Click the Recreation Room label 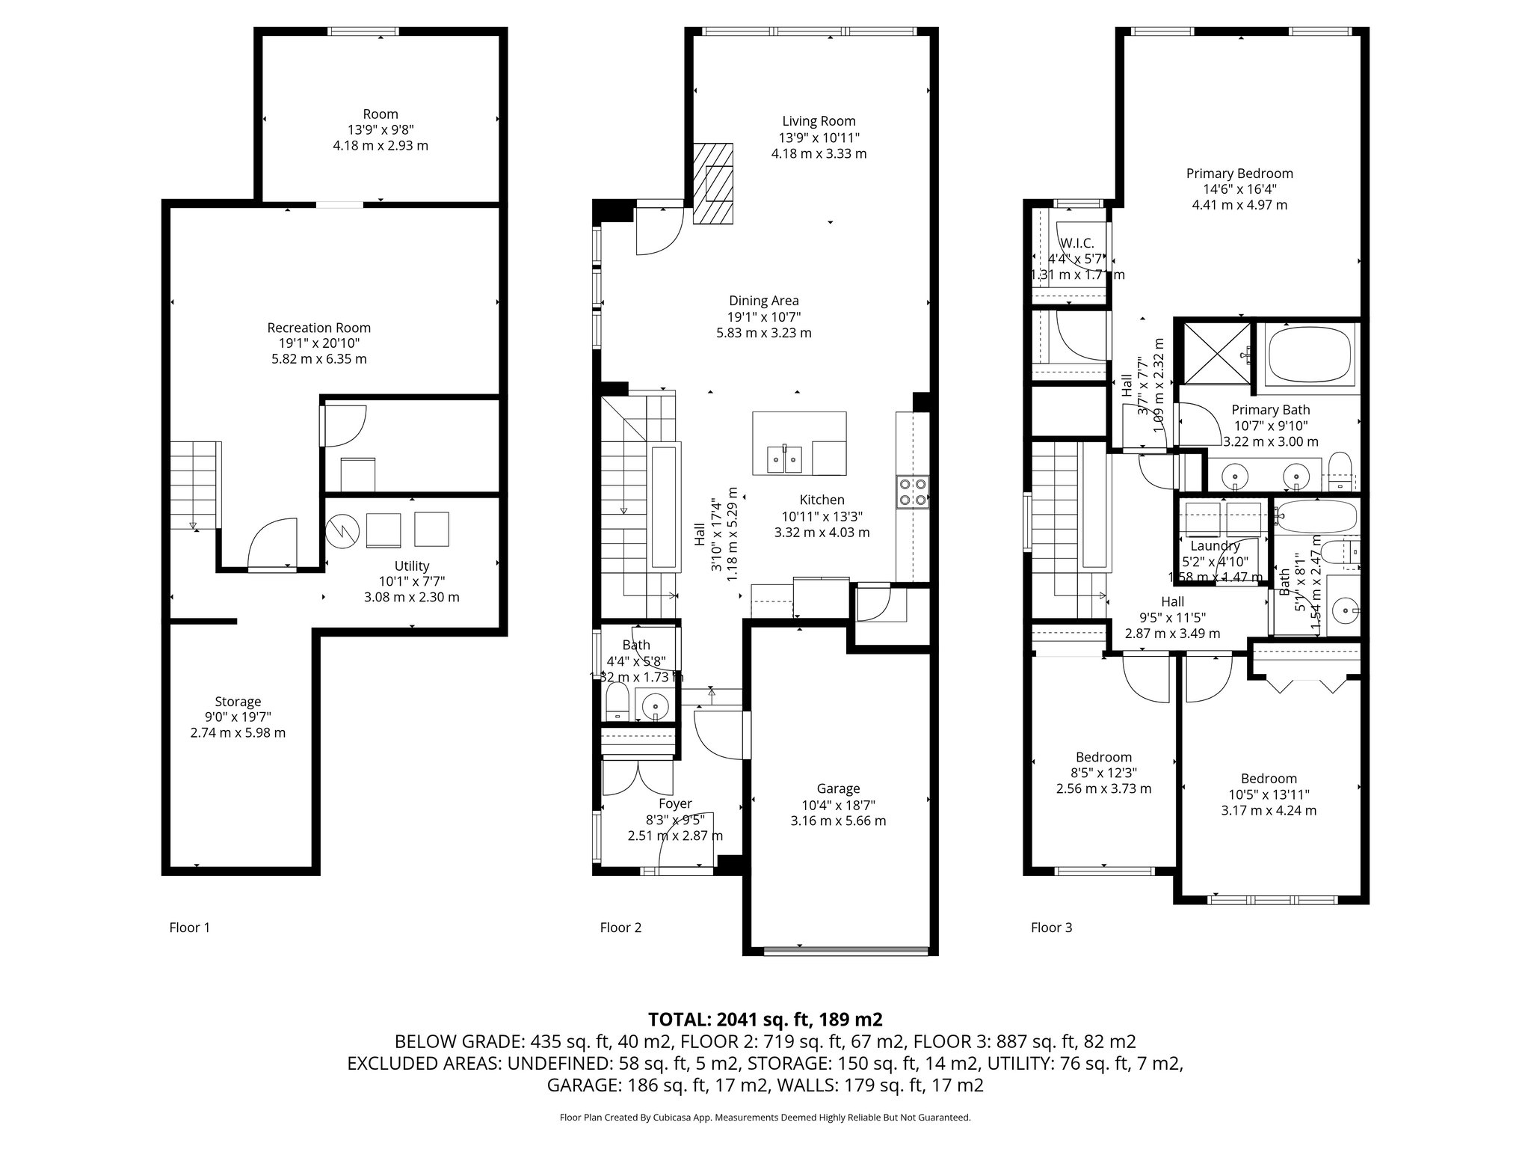coord(319,328)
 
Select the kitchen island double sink coord(784,458)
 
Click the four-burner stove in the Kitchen coord(913,492)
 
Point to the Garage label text coord(838,788)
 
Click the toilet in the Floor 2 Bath coord(617,704)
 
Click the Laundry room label coord(1216,546)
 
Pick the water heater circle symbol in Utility coord(343,530)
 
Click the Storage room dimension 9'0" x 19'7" coord(238,717)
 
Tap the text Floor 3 coord(1051,928)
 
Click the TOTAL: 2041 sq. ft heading coord(765,1020)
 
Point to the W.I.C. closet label coord(1077,243)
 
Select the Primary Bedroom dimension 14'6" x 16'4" coord(1239,189)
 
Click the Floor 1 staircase coord(194,485)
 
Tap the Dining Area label coord(764,301)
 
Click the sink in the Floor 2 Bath coord(656,705)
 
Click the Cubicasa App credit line coord(765,1118)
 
